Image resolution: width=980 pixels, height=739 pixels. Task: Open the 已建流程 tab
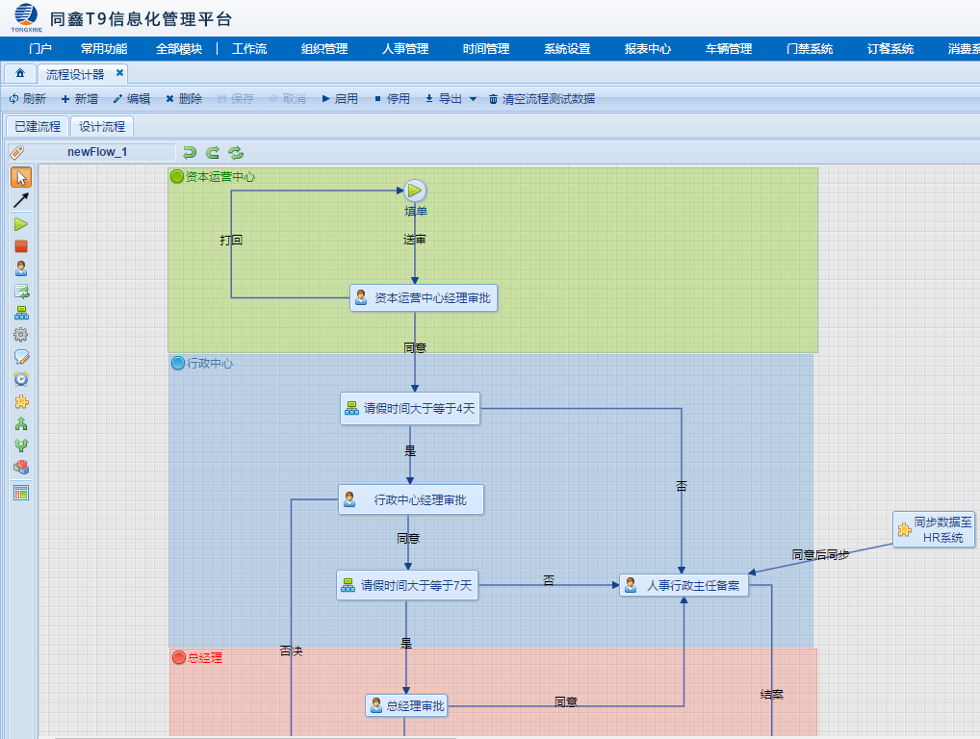tap(37, 126)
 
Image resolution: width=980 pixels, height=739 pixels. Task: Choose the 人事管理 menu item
tap(405, 49)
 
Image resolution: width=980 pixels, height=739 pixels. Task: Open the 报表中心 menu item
tap(648, 49)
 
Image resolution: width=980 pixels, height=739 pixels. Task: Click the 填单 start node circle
tap(415, 191)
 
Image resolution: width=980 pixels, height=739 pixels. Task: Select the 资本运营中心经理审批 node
tap(424, 298)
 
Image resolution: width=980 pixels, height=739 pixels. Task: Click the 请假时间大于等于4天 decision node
tap(410, 408)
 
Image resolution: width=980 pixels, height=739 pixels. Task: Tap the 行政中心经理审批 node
tap(410, 500)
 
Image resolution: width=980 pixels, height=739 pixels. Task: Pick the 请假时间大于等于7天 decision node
tap(407, 584)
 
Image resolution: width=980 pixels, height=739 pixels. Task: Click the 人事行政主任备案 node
tap(683, 584)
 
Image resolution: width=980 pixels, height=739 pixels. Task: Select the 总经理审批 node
tap(405, 706)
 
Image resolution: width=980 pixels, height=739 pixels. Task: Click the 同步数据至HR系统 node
tap(935, 529)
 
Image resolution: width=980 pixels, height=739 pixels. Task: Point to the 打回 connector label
tap(231, 241)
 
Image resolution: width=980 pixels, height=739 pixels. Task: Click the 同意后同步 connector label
tap(820, 555)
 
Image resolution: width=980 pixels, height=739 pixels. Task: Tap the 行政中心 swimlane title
tap(209, 364)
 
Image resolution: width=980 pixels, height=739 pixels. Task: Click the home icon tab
tap(19, 73)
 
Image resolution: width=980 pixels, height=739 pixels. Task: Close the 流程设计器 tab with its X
tap(120, 73)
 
